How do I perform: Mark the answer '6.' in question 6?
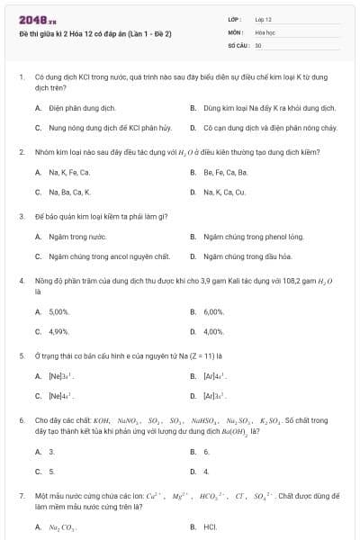206,451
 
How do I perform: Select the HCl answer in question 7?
210,526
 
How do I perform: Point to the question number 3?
21,216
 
